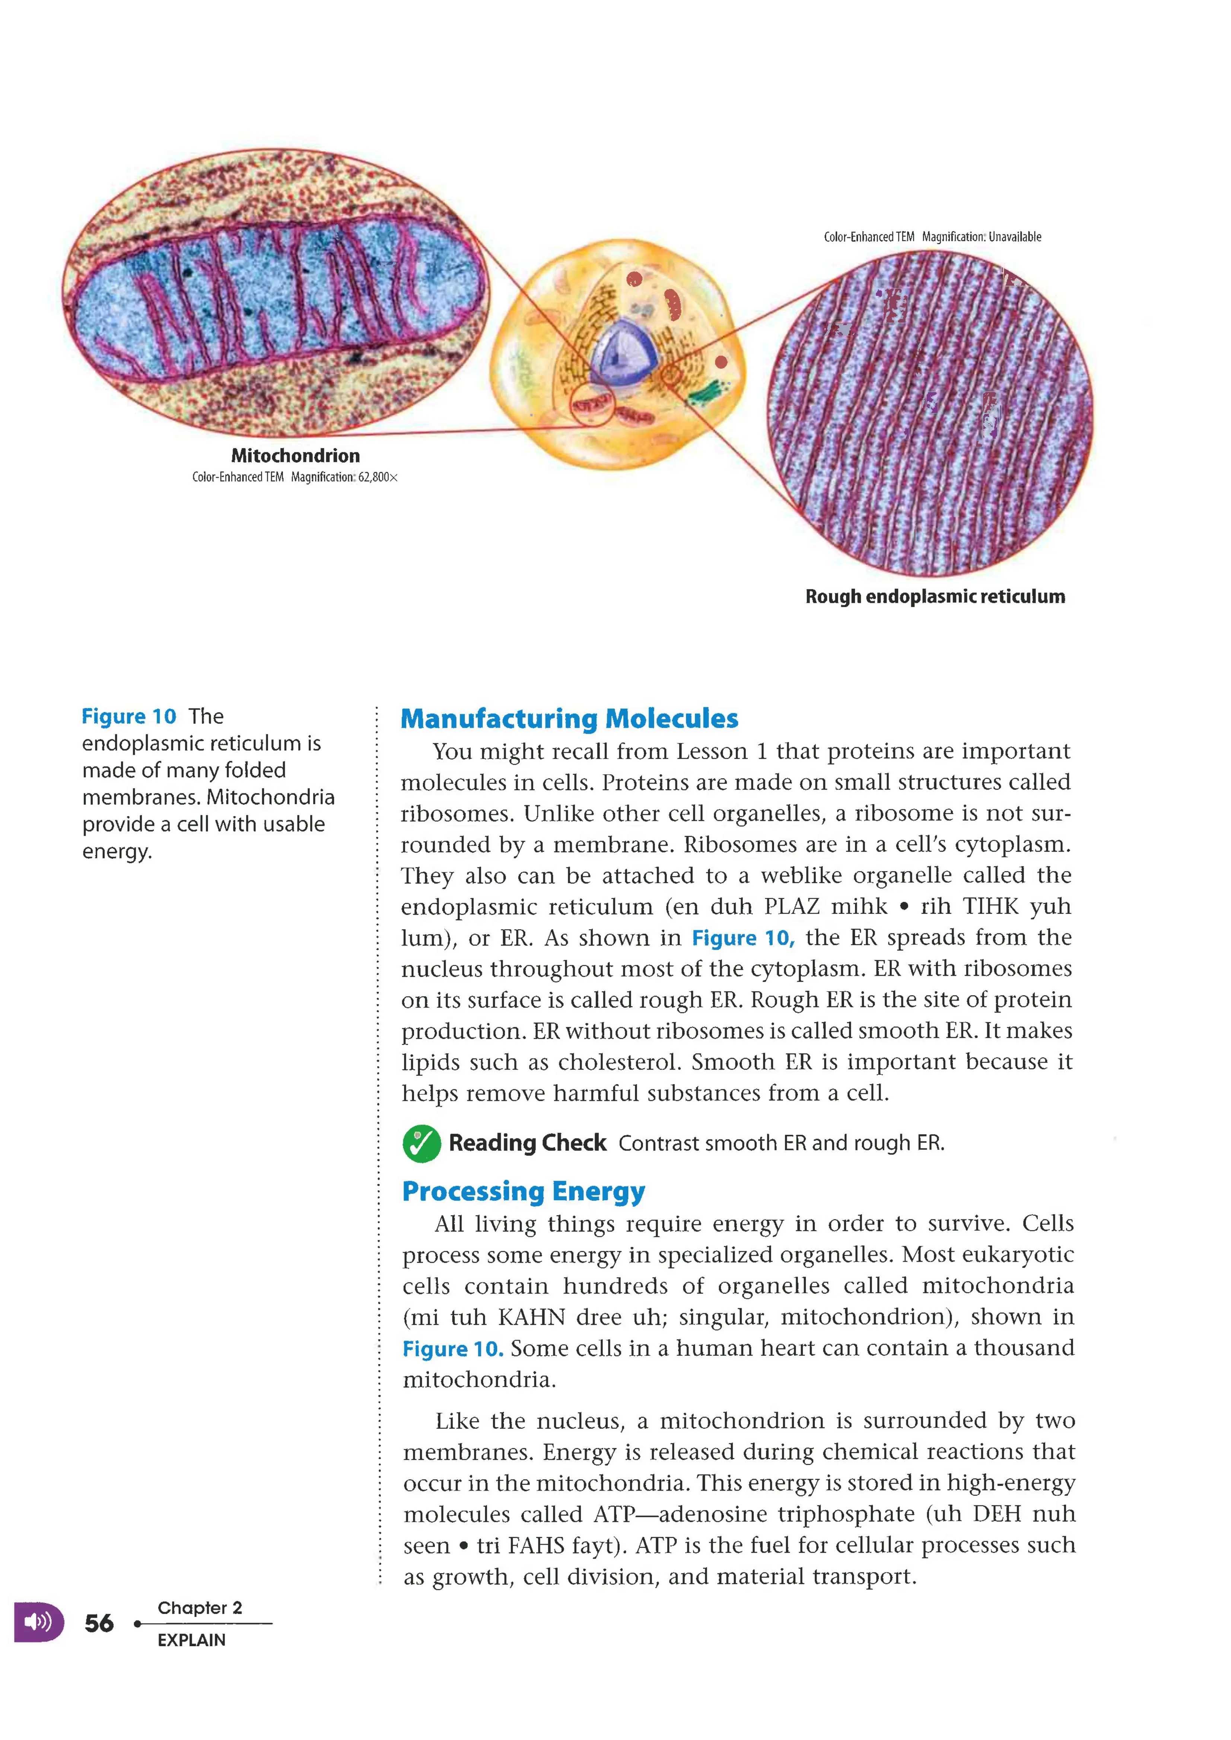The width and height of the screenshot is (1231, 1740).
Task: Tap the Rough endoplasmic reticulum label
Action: tap(935, 596)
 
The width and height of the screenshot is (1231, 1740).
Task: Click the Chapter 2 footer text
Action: tap(199, 1607)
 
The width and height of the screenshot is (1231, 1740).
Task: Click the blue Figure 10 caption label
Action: tap(129, 716)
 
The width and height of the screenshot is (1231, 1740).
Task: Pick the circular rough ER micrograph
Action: tap(930, 413)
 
